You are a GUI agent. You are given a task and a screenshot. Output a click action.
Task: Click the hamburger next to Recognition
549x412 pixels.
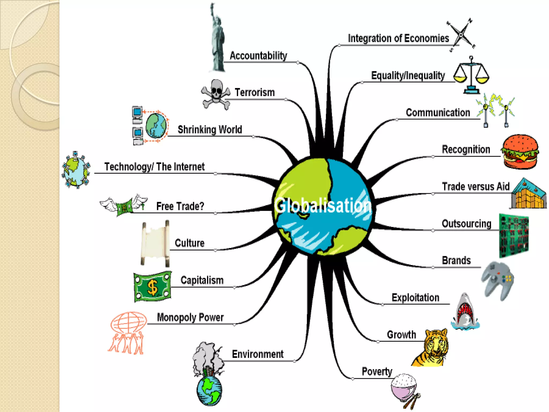[520, 152]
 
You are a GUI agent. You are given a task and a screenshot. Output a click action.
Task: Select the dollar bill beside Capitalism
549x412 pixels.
[152, 286]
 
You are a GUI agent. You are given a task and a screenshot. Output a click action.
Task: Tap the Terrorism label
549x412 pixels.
[255, 93]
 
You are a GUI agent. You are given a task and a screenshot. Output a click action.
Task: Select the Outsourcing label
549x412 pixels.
[466, 224]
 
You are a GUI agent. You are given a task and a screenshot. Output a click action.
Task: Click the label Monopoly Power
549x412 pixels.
[190, 317]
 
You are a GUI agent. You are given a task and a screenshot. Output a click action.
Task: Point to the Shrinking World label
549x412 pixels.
[210, 130]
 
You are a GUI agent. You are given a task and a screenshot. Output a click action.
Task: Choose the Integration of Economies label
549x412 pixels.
[398, 38]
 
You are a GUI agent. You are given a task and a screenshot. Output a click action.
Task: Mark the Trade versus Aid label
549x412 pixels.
[476, 186]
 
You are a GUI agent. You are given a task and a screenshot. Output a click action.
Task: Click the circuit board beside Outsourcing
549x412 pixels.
[514, 235]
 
